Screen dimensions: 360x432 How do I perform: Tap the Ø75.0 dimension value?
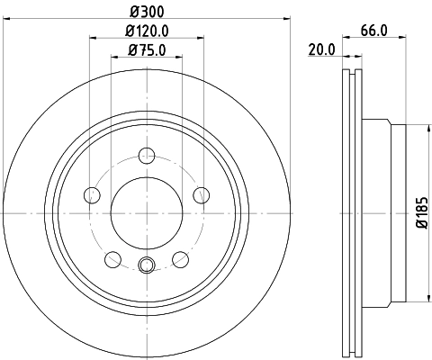click(147, 50)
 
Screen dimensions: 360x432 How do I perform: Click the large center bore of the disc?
click(147, 211)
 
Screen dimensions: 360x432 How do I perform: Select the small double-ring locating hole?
click(147, 265)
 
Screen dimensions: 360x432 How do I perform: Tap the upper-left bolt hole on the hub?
click(91, 194)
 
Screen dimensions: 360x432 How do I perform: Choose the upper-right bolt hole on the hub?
click(202, 194)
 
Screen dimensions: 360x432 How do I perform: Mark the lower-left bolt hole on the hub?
click(112, 259)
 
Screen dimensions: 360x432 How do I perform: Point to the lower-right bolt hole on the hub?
click(181, 259)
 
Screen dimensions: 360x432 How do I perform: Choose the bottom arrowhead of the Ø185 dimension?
click(408, 300)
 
